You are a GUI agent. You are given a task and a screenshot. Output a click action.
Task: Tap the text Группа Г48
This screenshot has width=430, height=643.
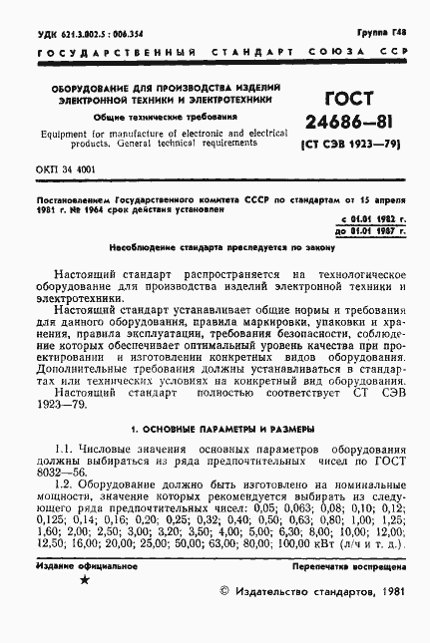[383, 32]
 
